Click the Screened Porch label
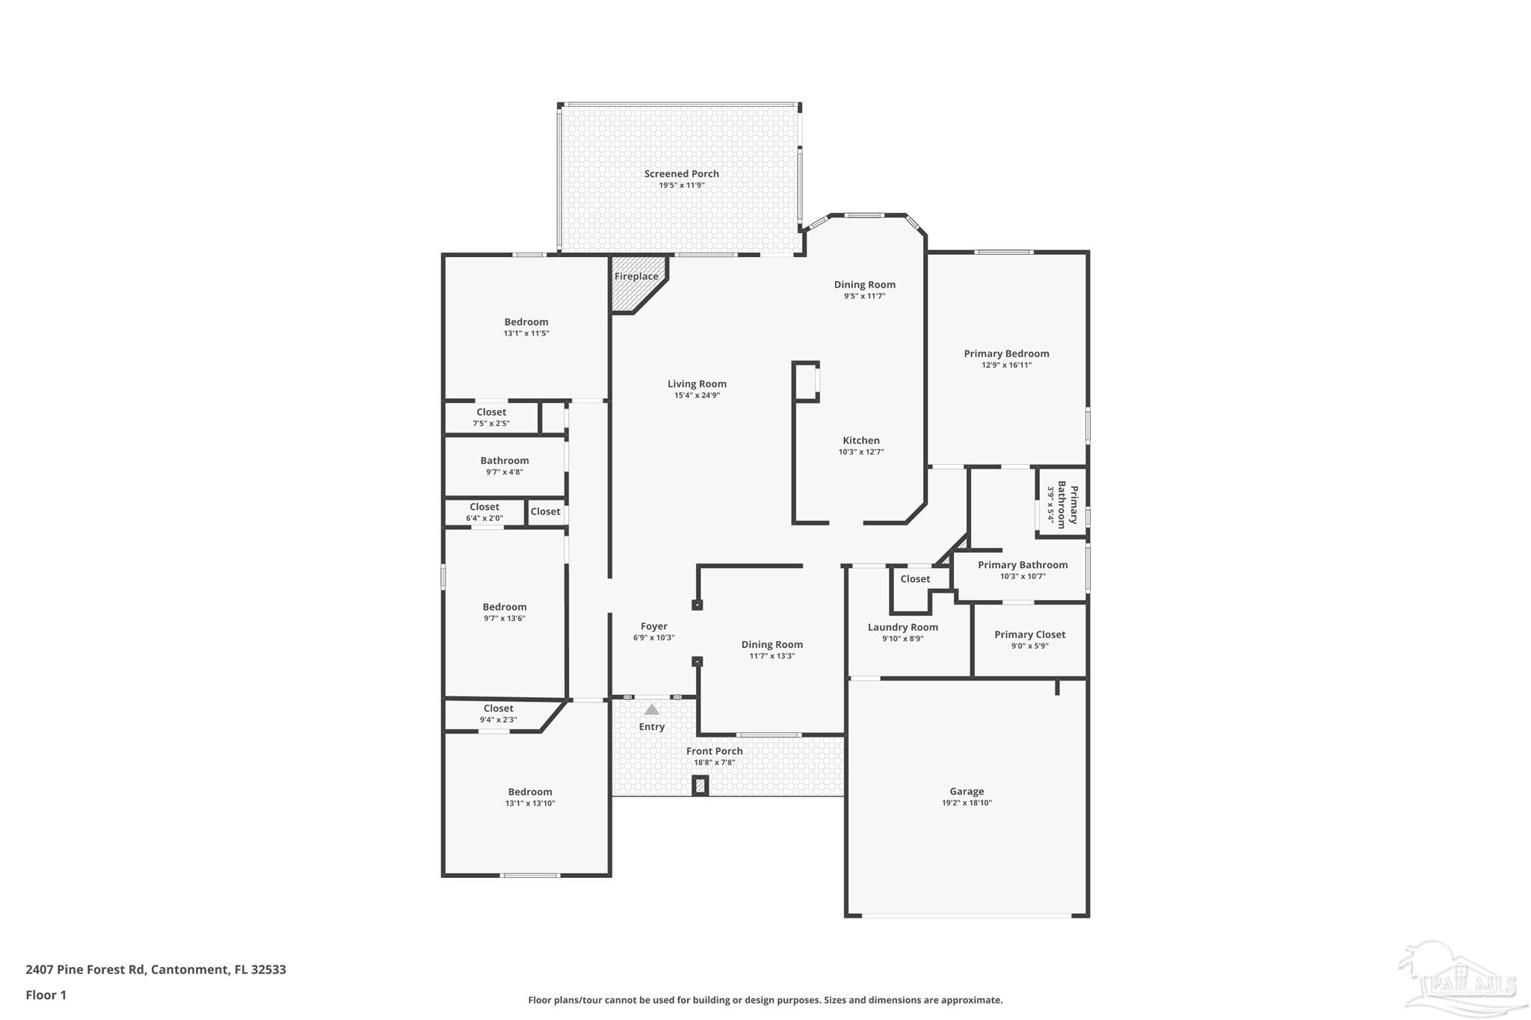(x=681, y=174)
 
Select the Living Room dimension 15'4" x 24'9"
(x=697, y=395)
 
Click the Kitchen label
(x=861, y=441)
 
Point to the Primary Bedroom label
(x=1006, y=354)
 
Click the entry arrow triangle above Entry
(x=652, y=709)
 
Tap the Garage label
(x=967, y=791)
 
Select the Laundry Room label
(x=902, y=628)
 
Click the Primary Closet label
(x=1029, y=635)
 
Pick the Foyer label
(x=653, y=627)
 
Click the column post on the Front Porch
(x=700, y=785)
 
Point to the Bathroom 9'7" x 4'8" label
(x=505, y=461)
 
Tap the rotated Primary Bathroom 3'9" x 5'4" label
(x=1062, y=505)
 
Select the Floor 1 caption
(x=46, y=995)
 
